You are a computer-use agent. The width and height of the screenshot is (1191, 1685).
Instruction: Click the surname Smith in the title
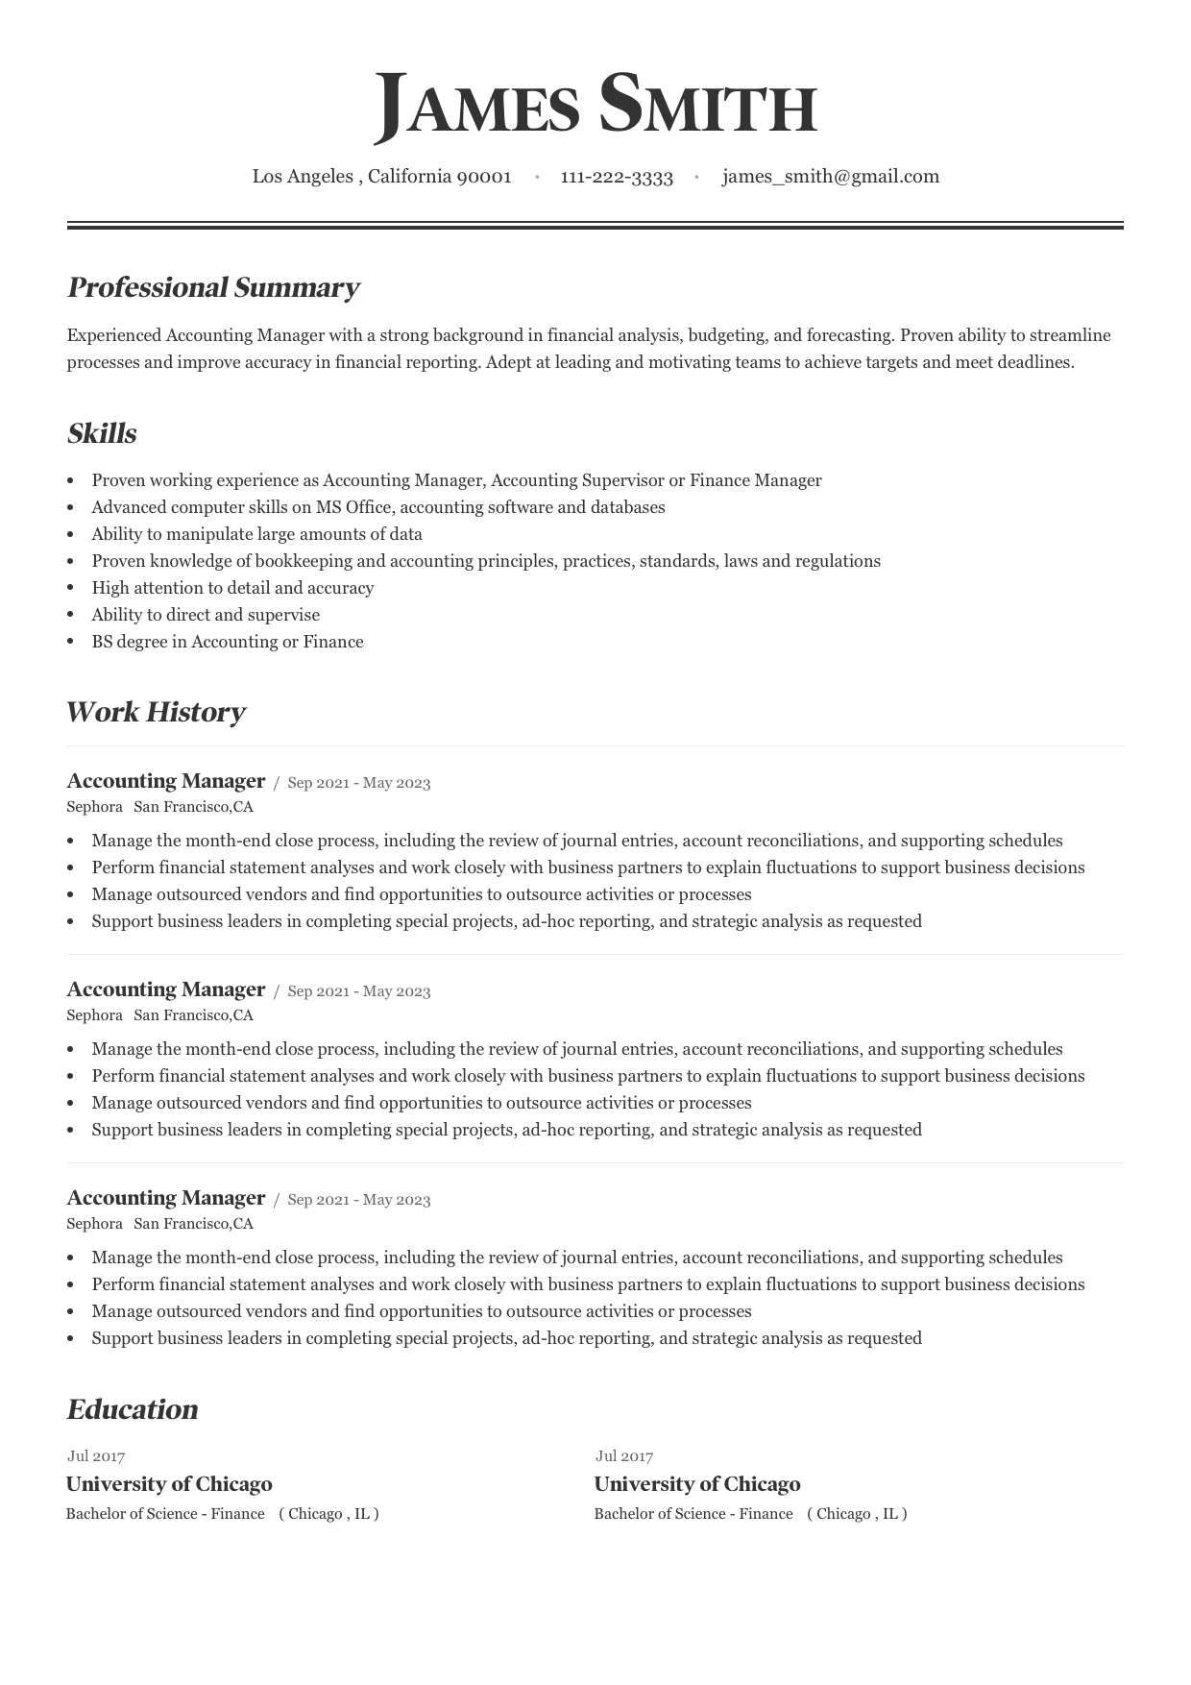pyautogui.click(x=708, y=106)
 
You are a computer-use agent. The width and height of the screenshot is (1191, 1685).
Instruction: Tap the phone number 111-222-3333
pyautogui.click(x=617, y=177)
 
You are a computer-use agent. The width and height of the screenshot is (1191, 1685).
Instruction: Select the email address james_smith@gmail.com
pyautogui.click(x=831, y=177)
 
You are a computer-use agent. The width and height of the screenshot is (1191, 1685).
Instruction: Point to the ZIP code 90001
pyautogui.click(x=484, y=177)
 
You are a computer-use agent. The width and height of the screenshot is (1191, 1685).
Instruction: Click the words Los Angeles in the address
pyautogui.click(x=303, y=177)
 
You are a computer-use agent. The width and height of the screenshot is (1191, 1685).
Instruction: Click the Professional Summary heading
pyautogui.click(x=213, y=287)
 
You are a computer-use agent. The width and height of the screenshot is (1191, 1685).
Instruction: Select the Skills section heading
pyautogui.click(x=102, y=433)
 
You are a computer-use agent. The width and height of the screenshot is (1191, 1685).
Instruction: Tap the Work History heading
pyautogui.click(x=156, y=712)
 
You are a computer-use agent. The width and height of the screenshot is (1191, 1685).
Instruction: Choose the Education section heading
pyautogui.click(x=133, y=1409)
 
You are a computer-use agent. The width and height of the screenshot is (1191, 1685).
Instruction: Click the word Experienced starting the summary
pyautogui.click(x=114, y=335)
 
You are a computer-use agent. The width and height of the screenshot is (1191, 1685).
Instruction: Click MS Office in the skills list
pyautogui.click(x=353, y=507)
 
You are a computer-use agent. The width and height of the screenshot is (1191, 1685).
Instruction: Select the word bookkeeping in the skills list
pyautogui.click(x=305, y=561)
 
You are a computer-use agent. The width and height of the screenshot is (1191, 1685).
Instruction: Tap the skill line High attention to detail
pyautogui.click(x=232, y=588)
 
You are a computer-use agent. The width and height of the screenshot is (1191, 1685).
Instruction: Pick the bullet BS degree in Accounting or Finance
pyautogui.click(x=228, y=642)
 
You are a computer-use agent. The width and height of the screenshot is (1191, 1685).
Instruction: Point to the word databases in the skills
pyautogui.click(x=627, y=507)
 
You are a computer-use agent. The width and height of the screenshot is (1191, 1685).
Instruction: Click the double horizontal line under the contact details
pyautogui.click(x=595, y=226)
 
